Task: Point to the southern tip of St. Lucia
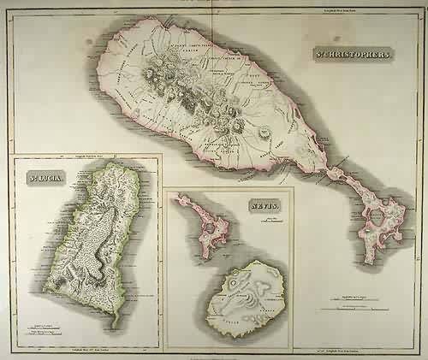pyautogui.click(x=113, y=327)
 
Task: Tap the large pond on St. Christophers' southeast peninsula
pyautogui.click(x=376, y=217)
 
